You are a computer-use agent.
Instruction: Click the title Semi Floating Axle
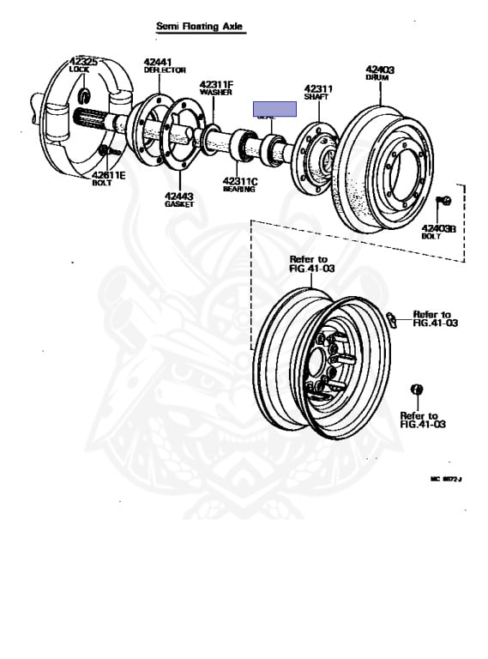(200, 27)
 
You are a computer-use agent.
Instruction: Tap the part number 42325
(85, 62)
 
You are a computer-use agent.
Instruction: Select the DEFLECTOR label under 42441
(158, 72)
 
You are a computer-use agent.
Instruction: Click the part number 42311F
(216, 84)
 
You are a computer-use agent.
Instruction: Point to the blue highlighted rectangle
(274, 109)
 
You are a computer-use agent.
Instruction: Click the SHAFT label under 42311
(316, 97)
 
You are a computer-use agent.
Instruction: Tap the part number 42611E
(109, 174)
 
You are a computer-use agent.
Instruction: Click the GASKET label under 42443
(179, 204)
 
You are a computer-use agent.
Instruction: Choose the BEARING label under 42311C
(238, 190)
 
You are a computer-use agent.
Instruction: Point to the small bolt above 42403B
(444, 202)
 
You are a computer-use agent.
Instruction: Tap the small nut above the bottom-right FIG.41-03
(418, 390)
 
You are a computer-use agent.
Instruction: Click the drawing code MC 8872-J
(447, 480)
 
